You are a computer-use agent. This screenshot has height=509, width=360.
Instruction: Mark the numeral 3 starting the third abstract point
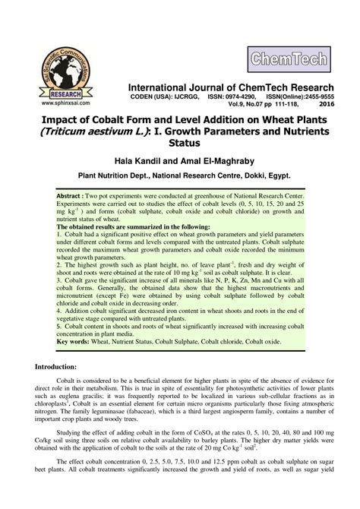[58, 282]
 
